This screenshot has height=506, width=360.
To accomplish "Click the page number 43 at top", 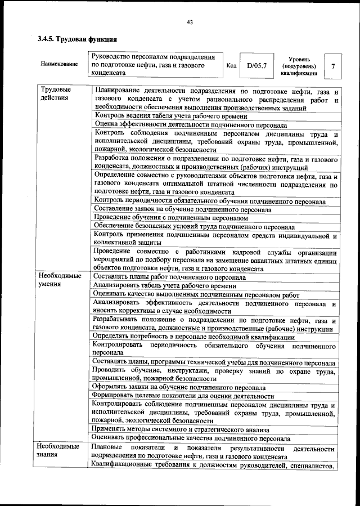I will point(190,22).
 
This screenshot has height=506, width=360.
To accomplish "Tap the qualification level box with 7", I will point(333,66).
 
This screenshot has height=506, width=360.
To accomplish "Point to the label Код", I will point(231,65).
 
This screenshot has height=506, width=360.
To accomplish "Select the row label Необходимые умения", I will point(59,280).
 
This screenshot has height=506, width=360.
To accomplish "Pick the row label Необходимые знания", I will point(59,452).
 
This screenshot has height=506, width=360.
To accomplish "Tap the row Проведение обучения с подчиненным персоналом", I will point(171,218).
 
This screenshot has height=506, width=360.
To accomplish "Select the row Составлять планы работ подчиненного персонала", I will point(168,277).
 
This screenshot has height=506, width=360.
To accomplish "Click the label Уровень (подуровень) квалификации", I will point(299,66).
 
